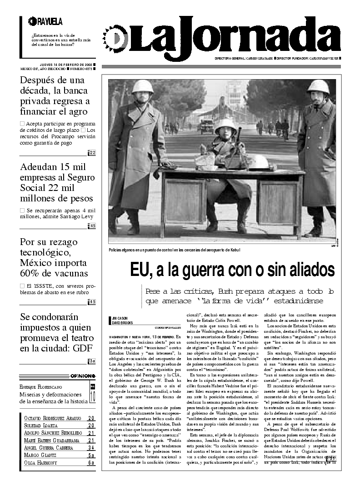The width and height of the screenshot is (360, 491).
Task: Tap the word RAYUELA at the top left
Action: tap(50, 21)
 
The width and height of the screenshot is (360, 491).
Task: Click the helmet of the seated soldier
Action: tap(225, 124)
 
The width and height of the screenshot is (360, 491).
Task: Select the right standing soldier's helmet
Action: tap(318, 86)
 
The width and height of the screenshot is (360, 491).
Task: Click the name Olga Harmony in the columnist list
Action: tap(41, 463)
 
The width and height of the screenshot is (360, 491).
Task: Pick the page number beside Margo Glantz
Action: tap(91, 455)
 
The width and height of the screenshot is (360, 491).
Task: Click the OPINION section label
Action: tap(83, 376)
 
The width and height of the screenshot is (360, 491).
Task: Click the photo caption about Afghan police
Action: tap(174, 250)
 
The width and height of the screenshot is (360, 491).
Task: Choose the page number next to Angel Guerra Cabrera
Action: tap(91, 448)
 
